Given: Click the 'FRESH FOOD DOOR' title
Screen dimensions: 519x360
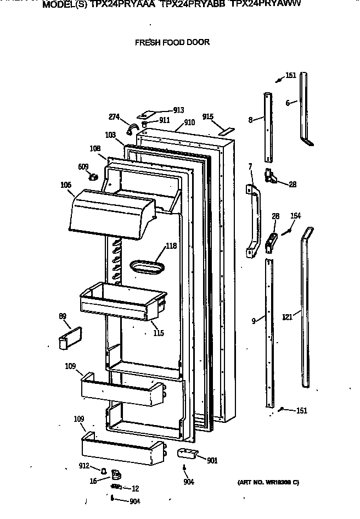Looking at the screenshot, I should pos(172,42).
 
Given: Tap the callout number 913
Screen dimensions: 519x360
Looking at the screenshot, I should pos(178,110).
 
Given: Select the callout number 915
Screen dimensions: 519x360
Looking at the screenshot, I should pos(207,116).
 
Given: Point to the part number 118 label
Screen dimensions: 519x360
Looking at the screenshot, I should pos(171,246).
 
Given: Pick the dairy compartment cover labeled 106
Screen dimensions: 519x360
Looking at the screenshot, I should pos(110,213).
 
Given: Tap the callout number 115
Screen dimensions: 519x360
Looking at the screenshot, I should pos(159,333).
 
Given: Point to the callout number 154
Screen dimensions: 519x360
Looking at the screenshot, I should pos(295,216).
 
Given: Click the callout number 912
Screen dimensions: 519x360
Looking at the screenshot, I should pos(83,467).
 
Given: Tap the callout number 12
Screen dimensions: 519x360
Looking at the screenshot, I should pos(135,488).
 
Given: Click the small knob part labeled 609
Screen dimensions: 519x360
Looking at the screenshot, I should pos(93,176).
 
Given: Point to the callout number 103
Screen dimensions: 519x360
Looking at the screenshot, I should pos(111,135).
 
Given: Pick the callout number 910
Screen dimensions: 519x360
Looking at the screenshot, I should pos(189,122).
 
